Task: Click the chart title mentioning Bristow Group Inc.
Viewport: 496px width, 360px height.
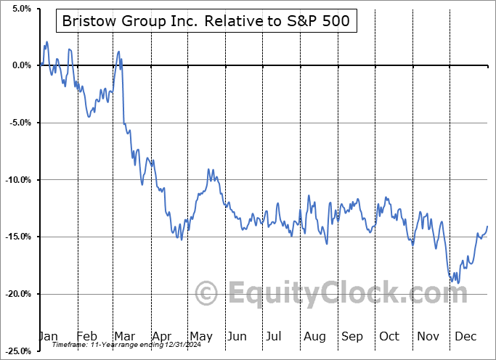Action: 206,22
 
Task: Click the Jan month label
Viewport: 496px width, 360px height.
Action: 48,337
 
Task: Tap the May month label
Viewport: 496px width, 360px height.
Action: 201,337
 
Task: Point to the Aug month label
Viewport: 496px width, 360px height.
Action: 314,337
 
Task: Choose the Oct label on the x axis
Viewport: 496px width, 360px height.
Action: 389,337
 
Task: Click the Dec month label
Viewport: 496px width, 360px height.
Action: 465,337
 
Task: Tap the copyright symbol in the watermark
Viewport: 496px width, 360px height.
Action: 207,294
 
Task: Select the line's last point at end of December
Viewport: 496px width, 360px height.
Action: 487,226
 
